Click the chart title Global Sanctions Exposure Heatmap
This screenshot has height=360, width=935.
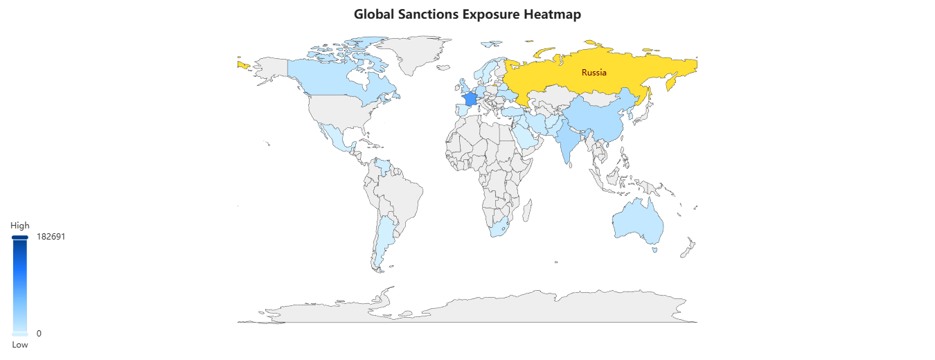click(x=467, y=14)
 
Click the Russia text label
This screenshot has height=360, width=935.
click(x=594, y=73)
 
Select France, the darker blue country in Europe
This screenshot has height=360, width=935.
click(x=469, y=98)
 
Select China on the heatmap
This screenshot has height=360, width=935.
click(x=603, y=114)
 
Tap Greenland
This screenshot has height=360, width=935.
click(x=409, y=52)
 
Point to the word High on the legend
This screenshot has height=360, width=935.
click(x=19, y=226)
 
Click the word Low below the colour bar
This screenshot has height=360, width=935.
click(x=19, y=344)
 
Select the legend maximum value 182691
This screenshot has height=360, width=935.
click(x=51, y=237)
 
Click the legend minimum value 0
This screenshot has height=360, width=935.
click(x=39, y=334)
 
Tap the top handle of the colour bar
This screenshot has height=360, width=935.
click(x=19, y=237)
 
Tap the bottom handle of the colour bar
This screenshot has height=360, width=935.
click(x=19, y=334)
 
